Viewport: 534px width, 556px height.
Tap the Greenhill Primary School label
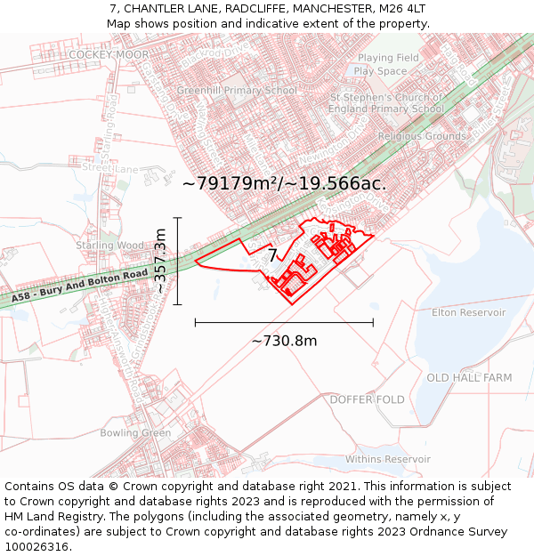point(236,91)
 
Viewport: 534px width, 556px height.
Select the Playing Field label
point(382,59)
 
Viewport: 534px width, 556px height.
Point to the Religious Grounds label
point(422,136)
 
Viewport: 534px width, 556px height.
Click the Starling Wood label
point(109,246)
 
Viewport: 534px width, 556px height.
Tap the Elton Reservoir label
point(468,313)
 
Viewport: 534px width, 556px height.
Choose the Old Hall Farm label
point(469,378)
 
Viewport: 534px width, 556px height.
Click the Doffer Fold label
point(367,399)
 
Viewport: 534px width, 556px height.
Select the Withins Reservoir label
point(388,459)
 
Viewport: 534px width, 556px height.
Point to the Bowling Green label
point(135,433)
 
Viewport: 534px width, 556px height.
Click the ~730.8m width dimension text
point(284,341)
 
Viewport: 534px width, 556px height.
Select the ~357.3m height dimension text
point(161,262)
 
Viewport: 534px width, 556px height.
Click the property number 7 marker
point(273,255)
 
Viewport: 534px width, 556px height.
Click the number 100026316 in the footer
point(36,547)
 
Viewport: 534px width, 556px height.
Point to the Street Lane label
point(110,168)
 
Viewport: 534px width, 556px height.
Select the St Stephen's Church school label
point(386,103)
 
